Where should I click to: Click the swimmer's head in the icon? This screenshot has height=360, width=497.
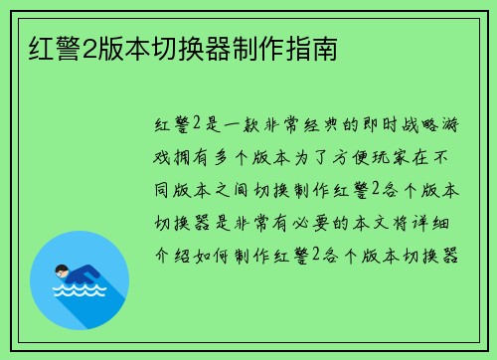pos(61,270)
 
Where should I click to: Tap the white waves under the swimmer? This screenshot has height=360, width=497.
pos(81,291)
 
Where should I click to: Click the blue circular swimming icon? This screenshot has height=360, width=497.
pos(81,279)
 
